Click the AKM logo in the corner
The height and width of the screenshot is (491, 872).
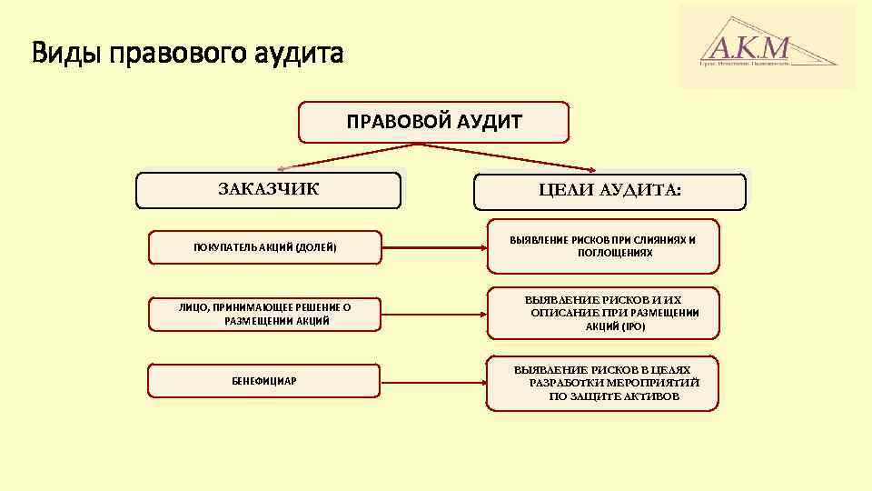tap(767, 47)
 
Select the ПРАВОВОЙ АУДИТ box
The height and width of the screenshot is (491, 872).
tap(434, 122)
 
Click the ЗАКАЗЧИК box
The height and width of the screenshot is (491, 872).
tap(268, 191)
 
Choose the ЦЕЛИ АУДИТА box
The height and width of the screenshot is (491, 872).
tap(609, 192)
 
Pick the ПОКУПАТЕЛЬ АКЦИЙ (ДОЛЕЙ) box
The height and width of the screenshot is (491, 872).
tap(264, 247)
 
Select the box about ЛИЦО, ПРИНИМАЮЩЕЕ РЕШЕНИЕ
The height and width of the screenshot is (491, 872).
tap(264, 314)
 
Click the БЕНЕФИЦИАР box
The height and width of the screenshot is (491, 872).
tap(264, 380)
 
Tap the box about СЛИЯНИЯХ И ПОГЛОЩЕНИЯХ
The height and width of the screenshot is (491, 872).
tap(603, 246)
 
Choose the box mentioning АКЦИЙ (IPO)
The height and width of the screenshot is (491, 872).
tap(603, 313)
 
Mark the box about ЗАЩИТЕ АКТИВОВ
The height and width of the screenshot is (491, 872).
tap(603, 383)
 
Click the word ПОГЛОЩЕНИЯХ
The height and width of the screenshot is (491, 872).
tap(615, 253)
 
